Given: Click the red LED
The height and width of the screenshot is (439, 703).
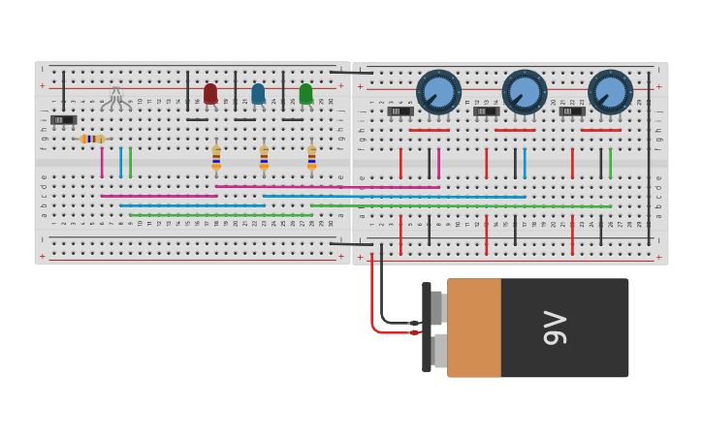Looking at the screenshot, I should [x=210, y=94].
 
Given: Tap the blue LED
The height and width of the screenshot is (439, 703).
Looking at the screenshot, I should [x=258, y=94].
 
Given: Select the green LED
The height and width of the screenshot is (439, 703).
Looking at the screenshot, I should [x=305, y=94].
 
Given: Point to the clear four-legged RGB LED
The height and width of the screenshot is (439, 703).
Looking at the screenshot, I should [x=116, y=96].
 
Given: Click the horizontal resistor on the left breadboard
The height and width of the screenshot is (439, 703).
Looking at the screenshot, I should [x=92, y=139].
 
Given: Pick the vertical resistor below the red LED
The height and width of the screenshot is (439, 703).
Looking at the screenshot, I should [x=216, y=158].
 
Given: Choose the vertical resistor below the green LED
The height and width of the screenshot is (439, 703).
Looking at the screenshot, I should [x=311, y=158].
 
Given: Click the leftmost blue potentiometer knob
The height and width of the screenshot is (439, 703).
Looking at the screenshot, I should [x=438, y=92].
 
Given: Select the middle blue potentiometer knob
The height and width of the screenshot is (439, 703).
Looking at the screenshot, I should [x=525, y=92].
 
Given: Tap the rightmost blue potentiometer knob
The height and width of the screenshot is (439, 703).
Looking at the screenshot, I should [x=610, y=92].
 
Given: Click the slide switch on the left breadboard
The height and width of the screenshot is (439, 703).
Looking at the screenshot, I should [x=63, y=120].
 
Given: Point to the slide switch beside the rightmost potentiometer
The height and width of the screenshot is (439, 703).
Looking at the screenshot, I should [x=572, y=111].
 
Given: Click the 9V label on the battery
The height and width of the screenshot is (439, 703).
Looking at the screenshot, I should [x=555, y=328].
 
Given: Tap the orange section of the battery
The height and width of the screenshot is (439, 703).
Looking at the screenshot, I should [x=474, y=328].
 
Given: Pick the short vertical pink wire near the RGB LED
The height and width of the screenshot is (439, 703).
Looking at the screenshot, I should [x=102, y=162].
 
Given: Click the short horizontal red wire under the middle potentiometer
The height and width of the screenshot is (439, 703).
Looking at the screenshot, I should [x=515, y=130].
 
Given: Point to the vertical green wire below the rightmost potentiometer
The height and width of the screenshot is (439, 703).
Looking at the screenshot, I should [x=610, y=163].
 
